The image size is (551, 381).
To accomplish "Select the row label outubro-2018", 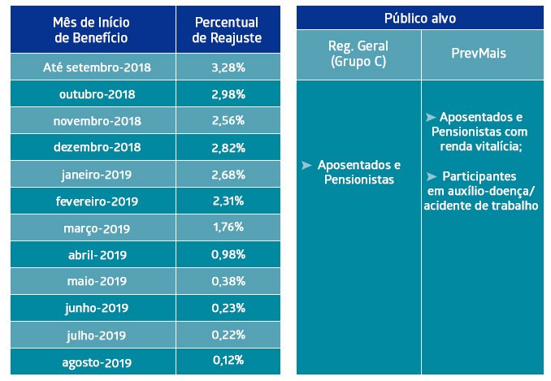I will point(98,94).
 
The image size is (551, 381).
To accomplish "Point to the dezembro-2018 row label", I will point(98,148).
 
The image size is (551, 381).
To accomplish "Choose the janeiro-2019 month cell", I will point(97,175).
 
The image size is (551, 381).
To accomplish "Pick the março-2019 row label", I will point(97,227).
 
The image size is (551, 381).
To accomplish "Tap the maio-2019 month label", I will point(97,281).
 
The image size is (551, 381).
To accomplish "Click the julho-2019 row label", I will point(97,335).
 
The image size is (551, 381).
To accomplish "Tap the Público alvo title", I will point(421,17).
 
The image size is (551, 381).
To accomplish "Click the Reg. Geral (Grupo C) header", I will point(358,52).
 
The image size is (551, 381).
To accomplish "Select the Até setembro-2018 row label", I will point(98,67).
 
